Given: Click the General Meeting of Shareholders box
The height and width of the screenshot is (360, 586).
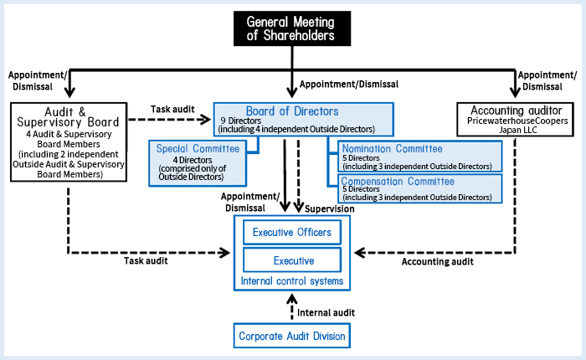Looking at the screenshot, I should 290,28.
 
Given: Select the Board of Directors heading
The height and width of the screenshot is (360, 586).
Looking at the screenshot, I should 292,111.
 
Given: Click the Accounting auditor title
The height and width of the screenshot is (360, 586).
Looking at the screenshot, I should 516,110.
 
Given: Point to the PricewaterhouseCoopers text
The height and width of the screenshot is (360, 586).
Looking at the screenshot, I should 516,122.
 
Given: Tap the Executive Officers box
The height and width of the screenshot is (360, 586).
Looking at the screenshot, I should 292,232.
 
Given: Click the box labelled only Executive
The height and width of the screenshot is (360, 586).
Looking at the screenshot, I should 292,260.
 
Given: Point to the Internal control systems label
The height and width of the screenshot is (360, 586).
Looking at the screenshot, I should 292,280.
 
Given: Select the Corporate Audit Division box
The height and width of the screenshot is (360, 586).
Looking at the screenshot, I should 291,337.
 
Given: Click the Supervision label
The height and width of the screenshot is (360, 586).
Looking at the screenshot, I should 328,208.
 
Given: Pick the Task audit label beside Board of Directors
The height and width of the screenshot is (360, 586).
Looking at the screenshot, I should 174,110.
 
